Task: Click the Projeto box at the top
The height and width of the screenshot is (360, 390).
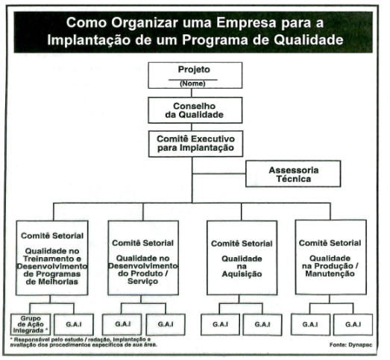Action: pos(195,75)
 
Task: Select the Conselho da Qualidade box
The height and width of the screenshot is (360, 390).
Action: pos(195,110)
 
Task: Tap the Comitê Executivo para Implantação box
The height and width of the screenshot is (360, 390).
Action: pos(196,144)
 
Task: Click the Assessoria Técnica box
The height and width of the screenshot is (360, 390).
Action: pos(293,174)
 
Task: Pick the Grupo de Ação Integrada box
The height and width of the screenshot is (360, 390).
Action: pos(31,324)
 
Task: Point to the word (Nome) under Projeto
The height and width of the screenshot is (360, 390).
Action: pos(192,83)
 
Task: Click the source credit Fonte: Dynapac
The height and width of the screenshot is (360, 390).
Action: pos(351,345)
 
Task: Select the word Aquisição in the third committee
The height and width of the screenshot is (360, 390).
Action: pos(242,274)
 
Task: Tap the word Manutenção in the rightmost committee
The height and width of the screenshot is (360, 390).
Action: pos(330,274)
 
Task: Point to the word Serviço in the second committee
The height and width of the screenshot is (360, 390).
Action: pos(142,281)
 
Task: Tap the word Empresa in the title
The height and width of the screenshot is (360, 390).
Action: pos(246,23)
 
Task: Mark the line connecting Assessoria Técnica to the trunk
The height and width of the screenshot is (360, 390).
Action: pos(219,174)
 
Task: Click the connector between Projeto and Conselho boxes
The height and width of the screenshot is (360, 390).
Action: pos(191,92)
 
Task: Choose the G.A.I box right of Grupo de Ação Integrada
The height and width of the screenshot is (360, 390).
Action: pos(74,324)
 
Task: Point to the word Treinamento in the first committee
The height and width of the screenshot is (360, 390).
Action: pos(52,259)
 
